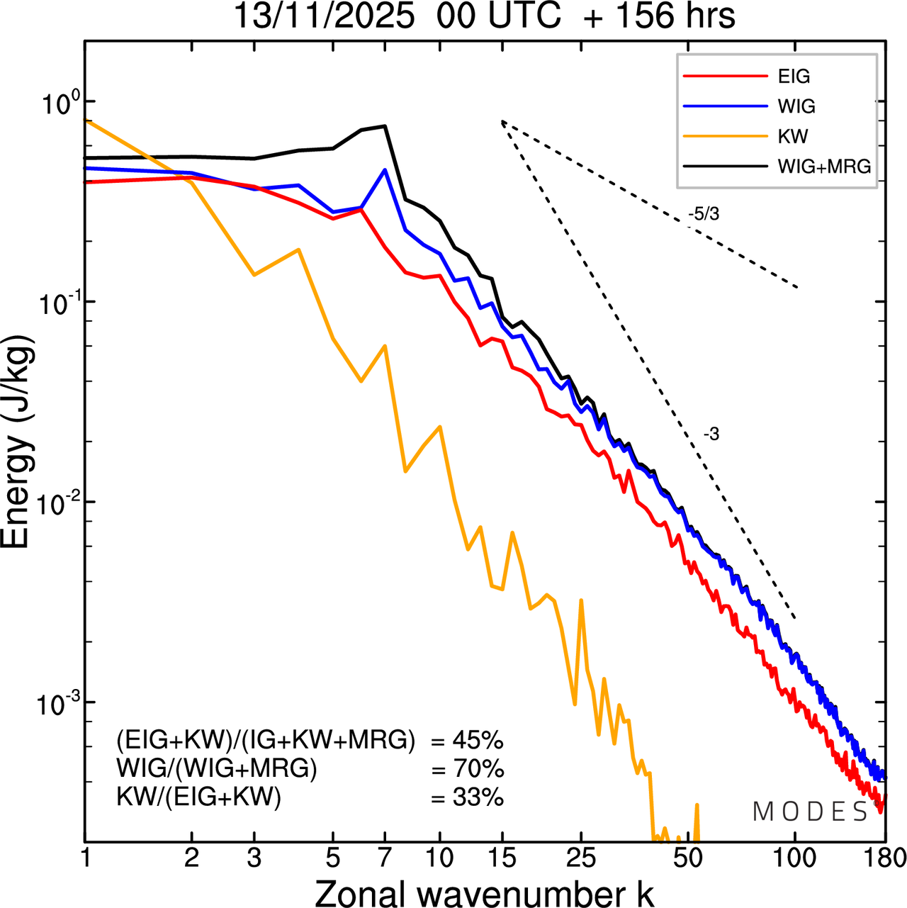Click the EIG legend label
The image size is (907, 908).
(794, 77)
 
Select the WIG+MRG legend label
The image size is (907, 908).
(824, 167)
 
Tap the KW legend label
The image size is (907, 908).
(793, 136)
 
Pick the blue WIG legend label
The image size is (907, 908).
(796, 106)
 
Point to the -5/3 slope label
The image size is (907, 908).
(704, 214)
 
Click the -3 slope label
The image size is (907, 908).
(711, 435)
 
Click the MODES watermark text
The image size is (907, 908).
(810, 812)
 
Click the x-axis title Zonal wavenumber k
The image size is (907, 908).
(484, 893)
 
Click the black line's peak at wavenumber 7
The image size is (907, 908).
(385, 126)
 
